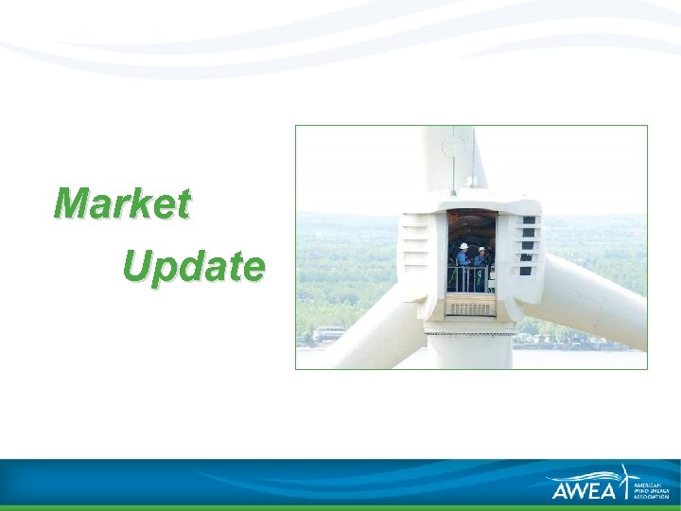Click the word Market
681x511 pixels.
[x=122, y=203]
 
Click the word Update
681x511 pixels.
[x=193, y=268]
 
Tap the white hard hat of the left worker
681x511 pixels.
[x=463, y=246]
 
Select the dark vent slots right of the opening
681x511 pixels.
[x=529, y=243]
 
